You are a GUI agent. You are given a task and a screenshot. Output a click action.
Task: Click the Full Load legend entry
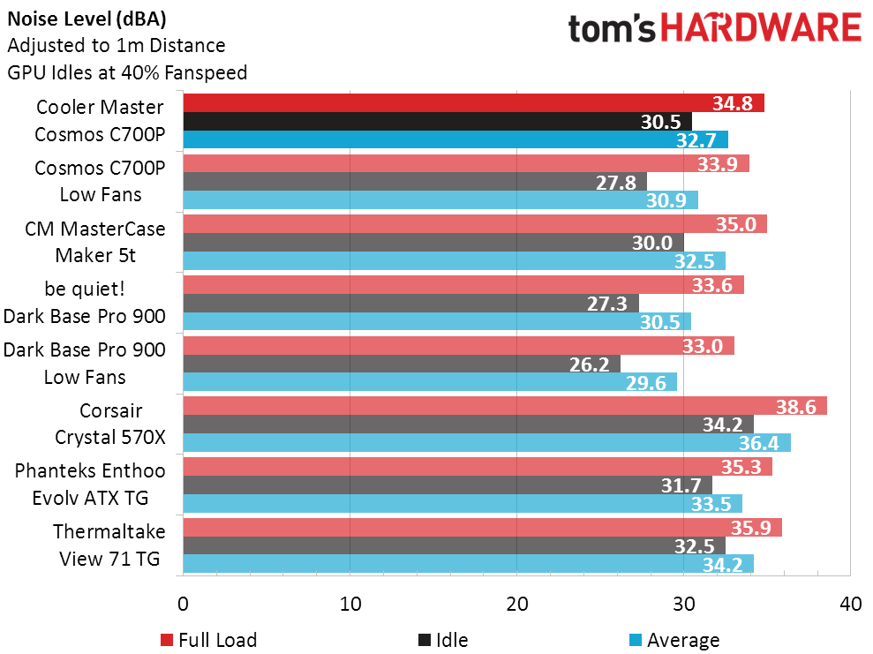[209, 640]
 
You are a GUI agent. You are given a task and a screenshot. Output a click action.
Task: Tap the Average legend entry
[674, 640]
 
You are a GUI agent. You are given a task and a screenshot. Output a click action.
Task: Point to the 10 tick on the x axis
[350, 605]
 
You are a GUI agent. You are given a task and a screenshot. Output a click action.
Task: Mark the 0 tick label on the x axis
[183, 605]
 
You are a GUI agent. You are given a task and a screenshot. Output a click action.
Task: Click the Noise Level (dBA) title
[87, 18]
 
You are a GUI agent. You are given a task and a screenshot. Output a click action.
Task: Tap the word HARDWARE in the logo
[761, 28]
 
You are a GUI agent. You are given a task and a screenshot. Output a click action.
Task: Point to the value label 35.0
[736, 224]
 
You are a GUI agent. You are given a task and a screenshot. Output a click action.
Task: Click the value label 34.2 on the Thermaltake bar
[723, 563]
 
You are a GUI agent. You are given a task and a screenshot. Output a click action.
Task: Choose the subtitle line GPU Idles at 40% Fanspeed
[127, 72]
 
